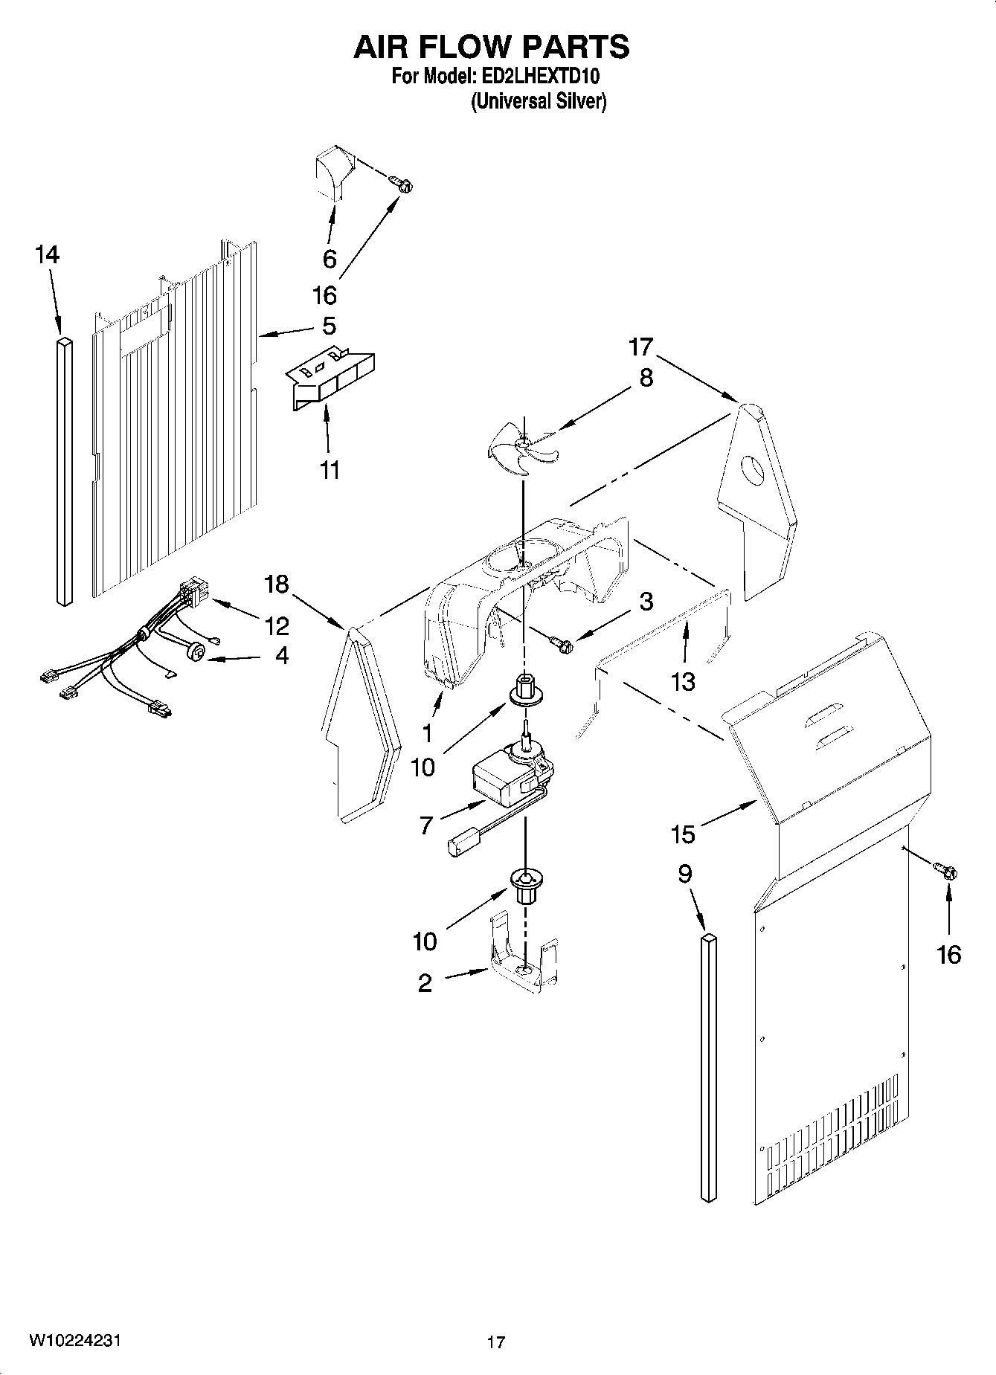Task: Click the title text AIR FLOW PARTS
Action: point(491,47)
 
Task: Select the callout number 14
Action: point(46,255)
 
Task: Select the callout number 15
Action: point(682,834)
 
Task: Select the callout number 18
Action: point(276,584)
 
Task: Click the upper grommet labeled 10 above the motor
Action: point(525,692)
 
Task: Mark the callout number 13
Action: point(683,680)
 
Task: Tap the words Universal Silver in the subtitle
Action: point(539,102)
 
